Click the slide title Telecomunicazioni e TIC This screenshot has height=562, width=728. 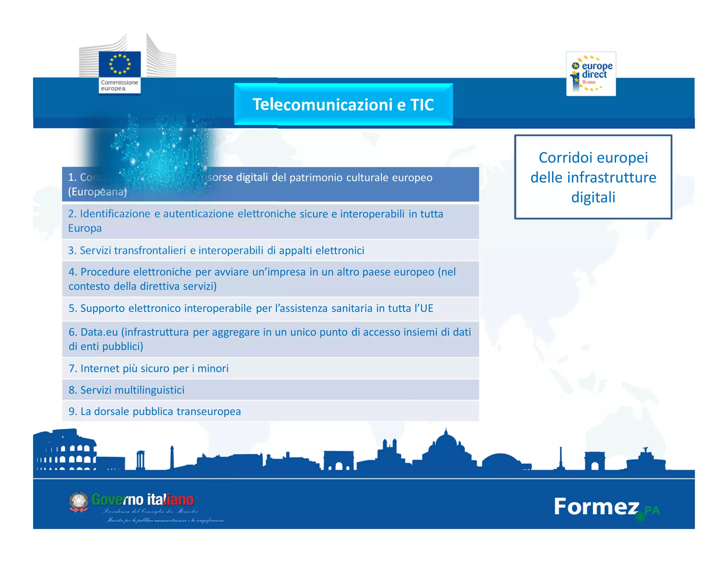[x=343, y=104]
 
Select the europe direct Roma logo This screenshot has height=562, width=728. [x=591, y=74]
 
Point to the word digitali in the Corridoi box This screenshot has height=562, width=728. [x=593, y=197]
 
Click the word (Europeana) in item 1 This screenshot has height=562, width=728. [x=97, y=192]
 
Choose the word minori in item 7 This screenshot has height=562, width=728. [x=213, y=368]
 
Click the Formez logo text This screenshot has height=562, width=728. [x=596, y=506]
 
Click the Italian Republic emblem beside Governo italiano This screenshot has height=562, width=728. [x=79, y=502]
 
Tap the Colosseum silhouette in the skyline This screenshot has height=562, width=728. [x=66, y=452]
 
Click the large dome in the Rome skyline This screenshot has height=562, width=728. [x=446, y=444]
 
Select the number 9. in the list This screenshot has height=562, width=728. [x=73, y=411]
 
